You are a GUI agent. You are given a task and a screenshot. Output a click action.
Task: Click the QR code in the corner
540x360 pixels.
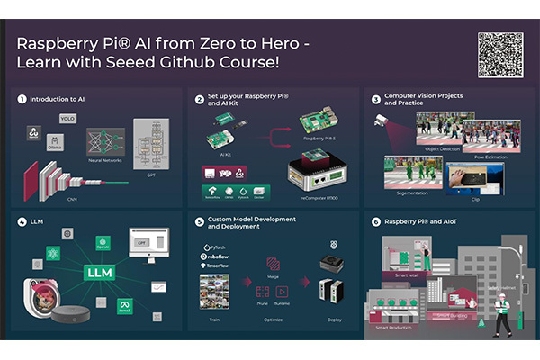click(500, 55)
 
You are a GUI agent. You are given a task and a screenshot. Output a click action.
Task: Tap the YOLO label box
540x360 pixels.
click(67, 118)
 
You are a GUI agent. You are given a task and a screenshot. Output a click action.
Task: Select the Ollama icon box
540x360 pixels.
click(55, 142)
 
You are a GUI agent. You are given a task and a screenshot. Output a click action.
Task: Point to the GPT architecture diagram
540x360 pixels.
click(151, 144)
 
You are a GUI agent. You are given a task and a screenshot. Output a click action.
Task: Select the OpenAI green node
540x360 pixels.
click(103, 241)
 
